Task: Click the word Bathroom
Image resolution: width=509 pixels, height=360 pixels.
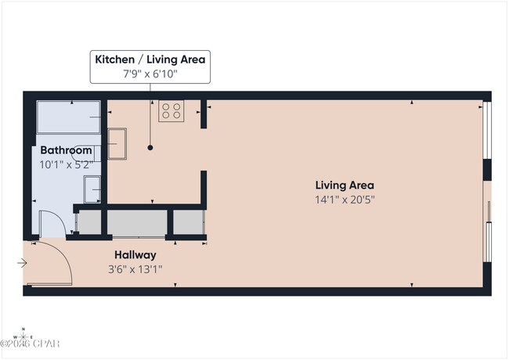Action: [60, 150]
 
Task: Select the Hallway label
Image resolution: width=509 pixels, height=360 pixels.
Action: [135, 255]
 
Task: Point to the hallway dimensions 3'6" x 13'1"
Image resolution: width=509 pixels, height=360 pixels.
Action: [135, 269]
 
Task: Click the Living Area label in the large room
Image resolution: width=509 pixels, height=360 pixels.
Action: [345, 185]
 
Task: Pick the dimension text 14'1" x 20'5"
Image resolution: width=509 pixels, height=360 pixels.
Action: [345, 200]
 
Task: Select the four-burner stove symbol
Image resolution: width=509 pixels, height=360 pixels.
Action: [171, 111]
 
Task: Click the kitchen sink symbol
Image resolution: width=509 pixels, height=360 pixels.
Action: [119, 143]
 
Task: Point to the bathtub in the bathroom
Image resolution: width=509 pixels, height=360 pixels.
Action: [70, 118]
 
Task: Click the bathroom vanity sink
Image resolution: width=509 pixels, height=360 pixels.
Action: [92, 189]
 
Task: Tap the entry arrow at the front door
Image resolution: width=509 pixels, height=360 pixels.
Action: [22, 263]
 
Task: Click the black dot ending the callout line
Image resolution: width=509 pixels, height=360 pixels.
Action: [150, 147]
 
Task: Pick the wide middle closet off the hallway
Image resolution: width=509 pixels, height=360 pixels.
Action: [135, 222]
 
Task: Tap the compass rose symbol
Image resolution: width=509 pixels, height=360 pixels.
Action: [23, 337]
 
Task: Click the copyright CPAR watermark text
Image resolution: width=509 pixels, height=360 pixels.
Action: [31, 344]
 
